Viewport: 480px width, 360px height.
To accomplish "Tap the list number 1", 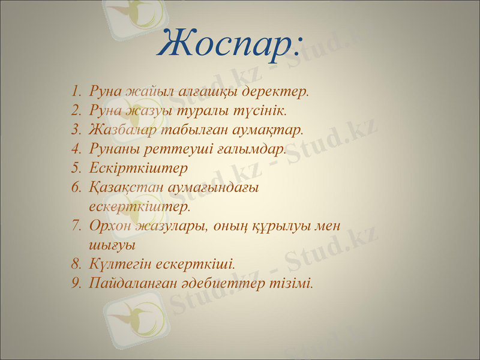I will (74, 92).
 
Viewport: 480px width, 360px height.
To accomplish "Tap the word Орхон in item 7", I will (109, 226).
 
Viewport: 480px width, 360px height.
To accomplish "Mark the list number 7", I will (74, 226).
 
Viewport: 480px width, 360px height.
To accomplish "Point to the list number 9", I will (74, 282).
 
